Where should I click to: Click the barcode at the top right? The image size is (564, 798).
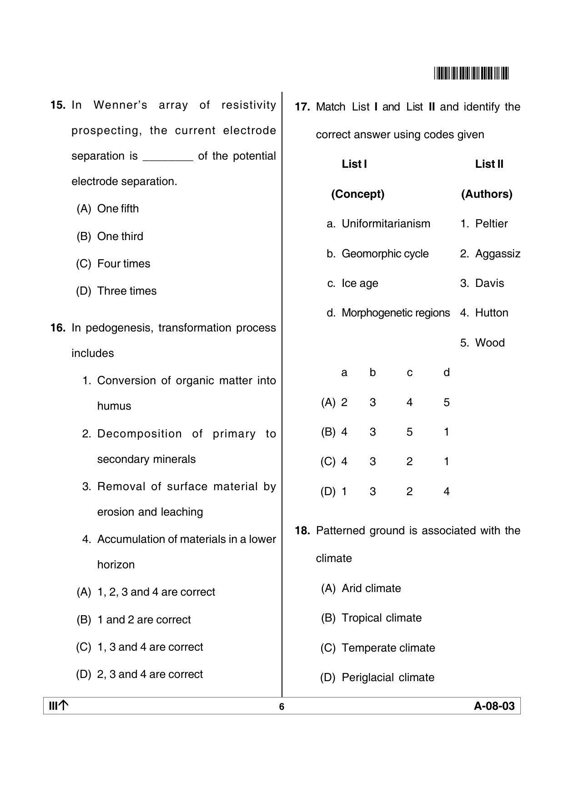(471, 73)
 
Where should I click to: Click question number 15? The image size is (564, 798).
(58, 105)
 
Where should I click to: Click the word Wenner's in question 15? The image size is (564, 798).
(120, 105)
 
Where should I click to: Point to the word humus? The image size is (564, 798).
(114, 406)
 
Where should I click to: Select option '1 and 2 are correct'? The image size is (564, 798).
(144, 620)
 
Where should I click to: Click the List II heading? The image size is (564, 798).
(489, 164)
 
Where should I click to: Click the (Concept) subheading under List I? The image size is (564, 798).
(358, 194)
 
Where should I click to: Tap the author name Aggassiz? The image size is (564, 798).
(498, 254)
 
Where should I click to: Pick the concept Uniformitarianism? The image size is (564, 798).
(386, 224)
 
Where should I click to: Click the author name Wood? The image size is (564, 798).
(490, 343)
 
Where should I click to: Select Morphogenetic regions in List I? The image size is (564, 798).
(395, 313)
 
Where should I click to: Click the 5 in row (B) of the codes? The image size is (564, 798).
(409, 432)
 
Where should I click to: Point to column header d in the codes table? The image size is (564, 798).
(446, 372)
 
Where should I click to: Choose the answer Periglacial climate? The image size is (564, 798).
(388, 678)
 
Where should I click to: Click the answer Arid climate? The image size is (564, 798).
(371, 588)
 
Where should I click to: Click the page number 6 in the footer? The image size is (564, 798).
(282, 707)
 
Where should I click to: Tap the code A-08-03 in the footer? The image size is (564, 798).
(494, 706)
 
